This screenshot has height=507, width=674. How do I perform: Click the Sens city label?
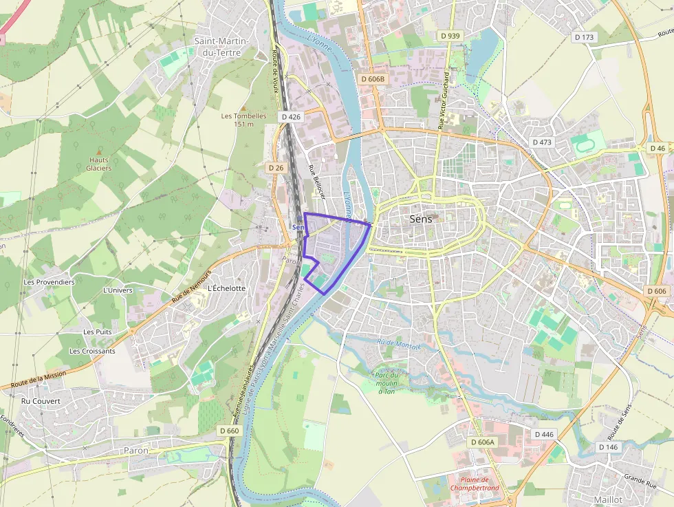420,219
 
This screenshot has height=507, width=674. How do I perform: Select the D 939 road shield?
449,35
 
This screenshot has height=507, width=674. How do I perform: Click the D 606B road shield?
373,79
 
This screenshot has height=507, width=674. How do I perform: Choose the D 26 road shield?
276,167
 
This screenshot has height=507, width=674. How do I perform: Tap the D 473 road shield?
542,142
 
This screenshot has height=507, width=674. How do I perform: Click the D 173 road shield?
583,36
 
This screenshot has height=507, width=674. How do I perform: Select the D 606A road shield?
483,442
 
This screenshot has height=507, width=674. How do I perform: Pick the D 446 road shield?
543,434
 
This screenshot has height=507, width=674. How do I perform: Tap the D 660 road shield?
230,431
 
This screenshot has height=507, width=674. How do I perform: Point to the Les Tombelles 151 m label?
243,120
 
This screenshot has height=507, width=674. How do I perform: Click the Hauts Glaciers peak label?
99,164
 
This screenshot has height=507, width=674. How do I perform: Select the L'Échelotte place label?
226,288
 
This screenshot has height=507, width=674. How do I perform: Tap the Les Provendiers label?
49,282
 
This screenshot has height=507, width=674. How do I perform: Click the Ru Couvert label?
41,401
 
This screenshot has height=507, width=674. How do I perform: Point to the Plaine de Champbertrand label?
474,484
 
